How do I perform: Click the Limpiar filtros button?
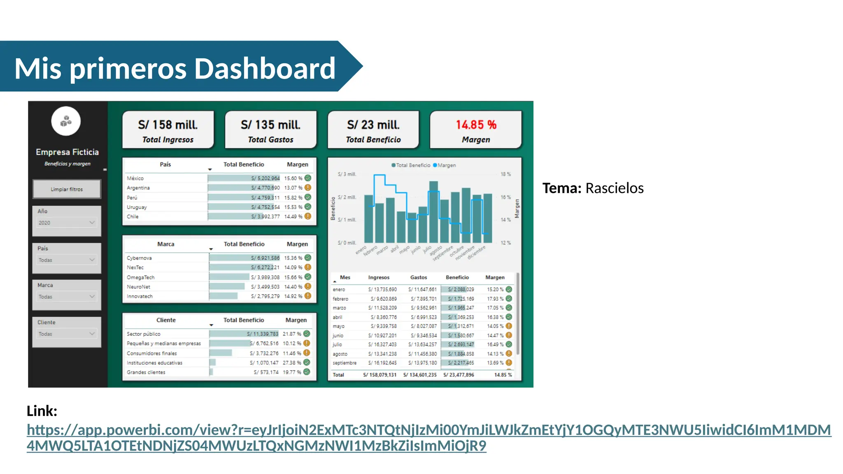point(67,189)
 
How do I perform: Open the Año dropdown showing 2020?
point(67,223)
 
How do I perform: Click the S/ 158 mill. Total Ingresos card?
point(168,130)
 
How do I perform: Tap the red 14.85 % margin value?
point(476,125)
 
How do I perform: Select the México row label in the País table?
point(135,178)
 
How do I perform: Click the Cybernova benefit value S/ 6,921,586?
point(265,258)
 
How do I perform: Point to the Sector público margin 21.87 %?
point(292,334)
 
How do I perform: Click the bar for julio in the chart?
point(433,212)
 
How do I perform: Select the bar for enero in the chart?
point(368,219)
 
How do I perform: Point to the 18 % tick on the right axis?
point(505,174)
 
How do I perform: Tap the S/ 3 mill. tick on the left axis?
point(347,174)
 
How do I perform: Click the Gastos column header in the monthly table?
point(418,278)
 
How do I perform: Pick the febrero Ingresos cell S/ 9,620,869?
point(384,299)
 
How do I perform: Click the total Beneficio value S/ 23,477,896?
point(459,375)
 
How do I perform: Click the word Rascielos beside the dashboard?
point(614,188)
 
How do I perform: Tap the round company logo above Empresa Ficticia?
point(66,121)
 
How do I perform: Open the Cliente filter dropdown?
point(67,334)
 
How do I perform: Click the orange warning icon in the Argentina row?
point(308,188)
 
